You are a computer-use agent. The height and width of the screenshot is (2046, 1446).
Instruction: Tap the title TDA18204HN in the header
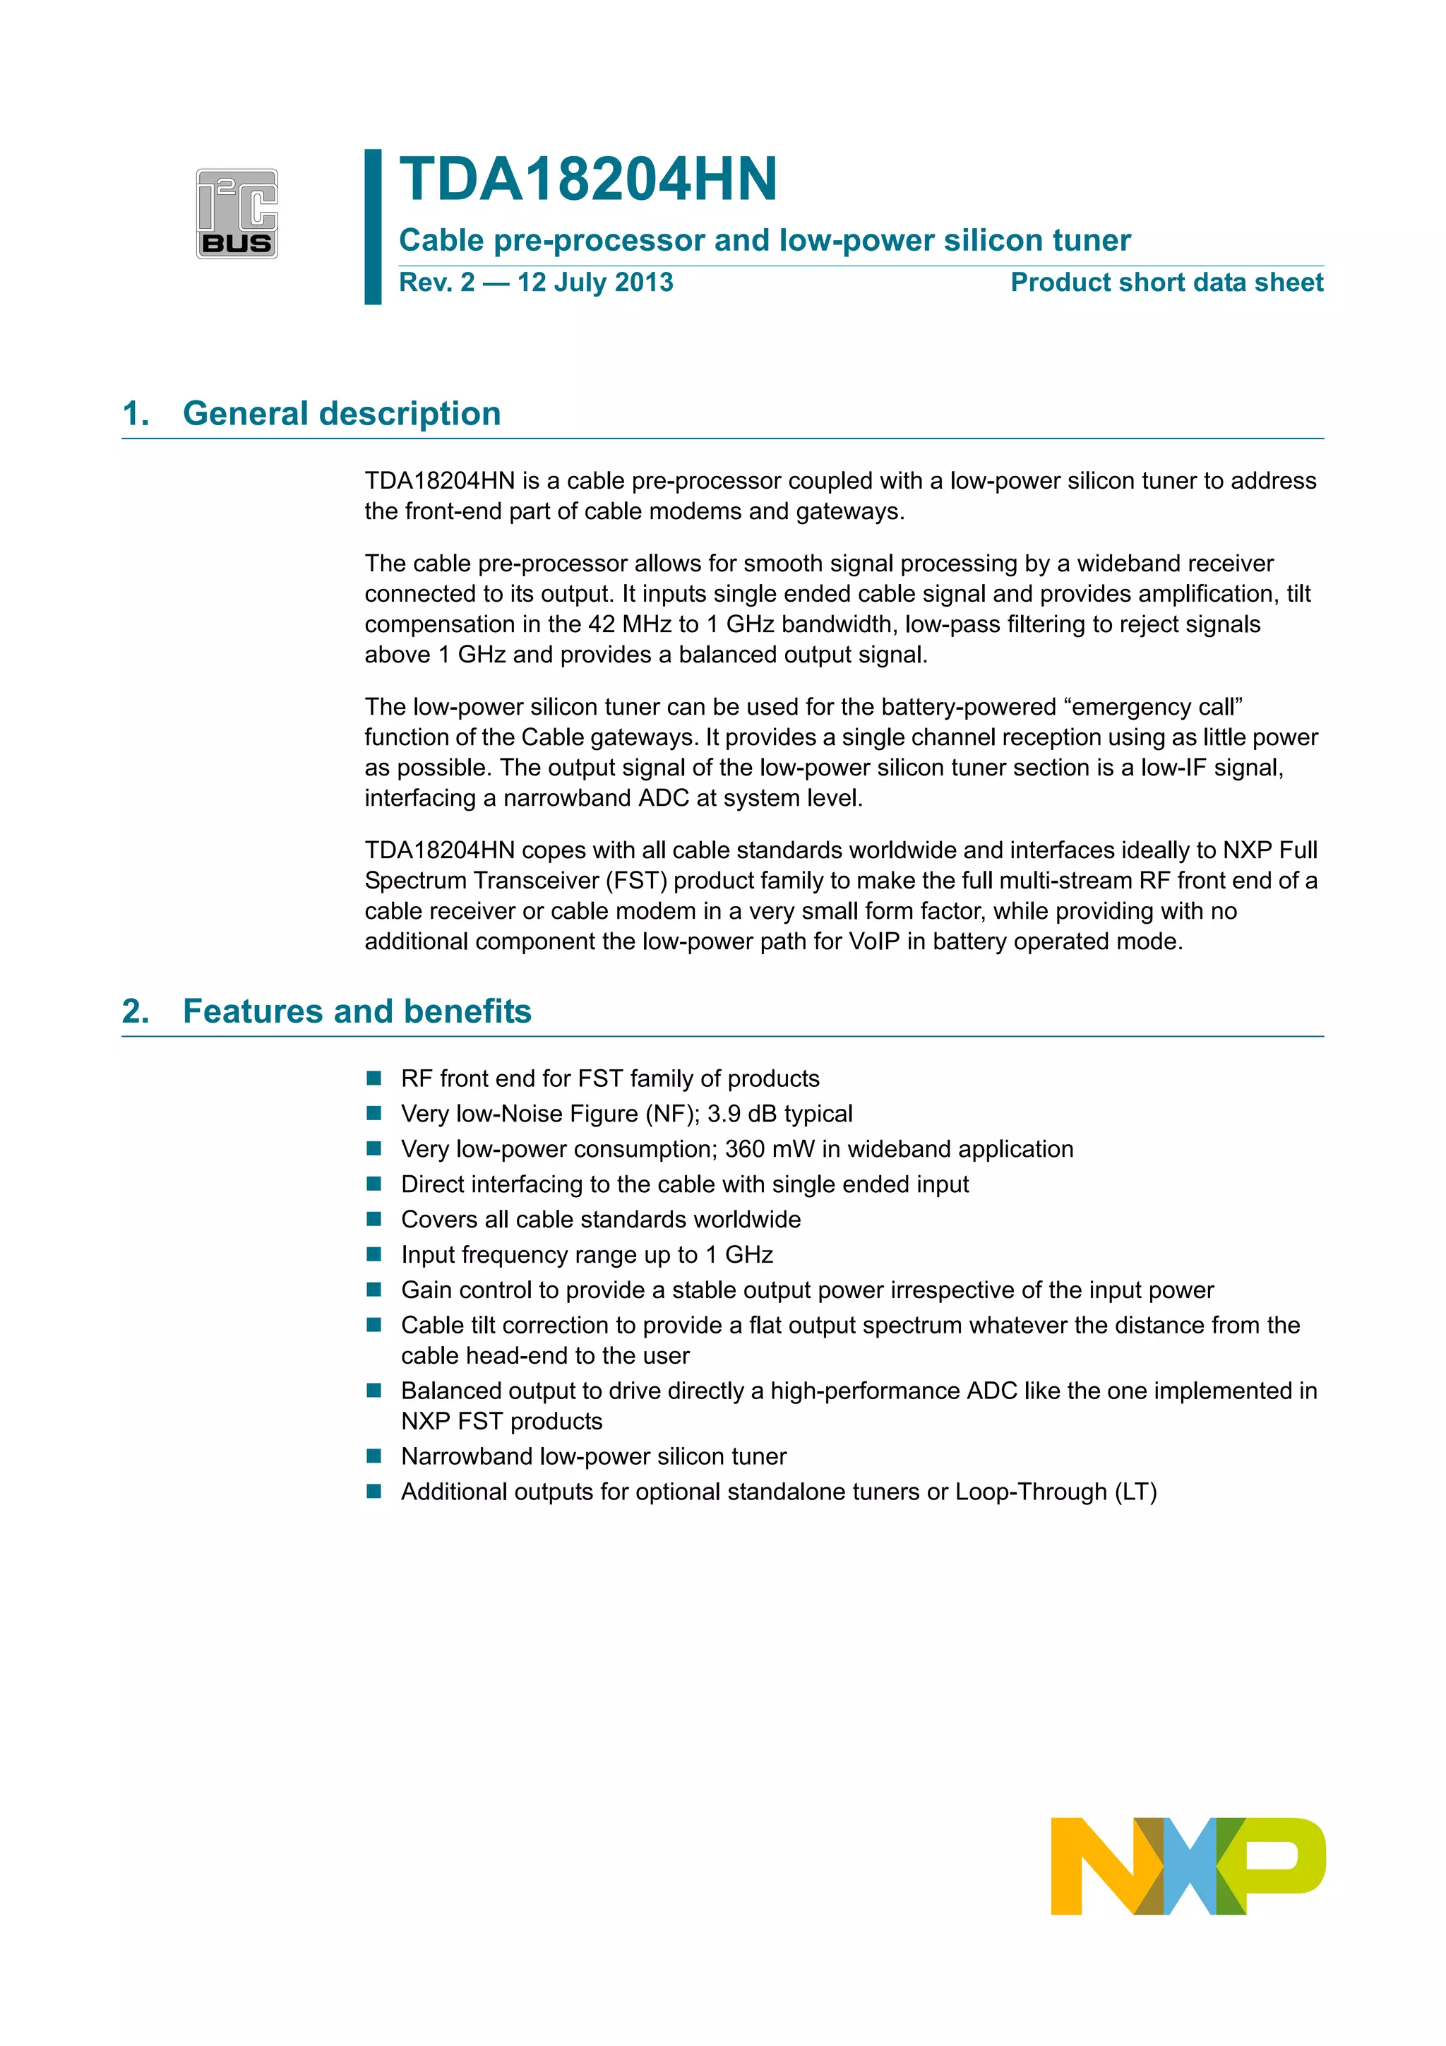pyautogui.click(x=588, y=179)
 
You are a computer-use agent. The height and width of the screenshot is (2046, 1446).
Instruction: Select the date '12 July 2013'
pyautogui.click(x=595, y=282)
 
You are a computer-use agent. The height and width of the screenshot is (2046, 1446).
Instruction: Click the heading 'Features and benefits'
pyautogui.click(x=357, y=1011)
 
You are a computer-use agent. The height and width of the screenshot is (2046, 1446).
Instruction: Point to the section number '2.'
pyautogui.click(x=136, y=1011)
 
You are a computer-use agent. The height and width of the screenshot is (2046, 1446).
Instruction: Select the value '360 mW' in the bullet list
pyautogui.click(x=766, y=1150)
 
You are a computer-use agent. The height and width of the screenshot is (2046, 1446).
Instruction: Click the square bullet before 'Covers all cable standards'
pyautogui.click(x=374, y=1219)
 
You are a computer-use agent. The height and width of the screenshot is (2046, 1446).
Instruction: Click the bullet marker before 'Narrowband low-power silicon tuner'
pyautogui.click(x=374, y=1456)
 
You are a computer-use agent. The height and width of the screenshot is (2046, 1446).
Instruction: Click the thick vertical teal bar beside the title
pyautogui.click(x=372, y=227)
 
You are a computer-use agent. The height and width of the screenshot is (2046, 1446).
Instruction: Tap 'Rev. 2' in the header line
pyautogui.click(x=436, y=282)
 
